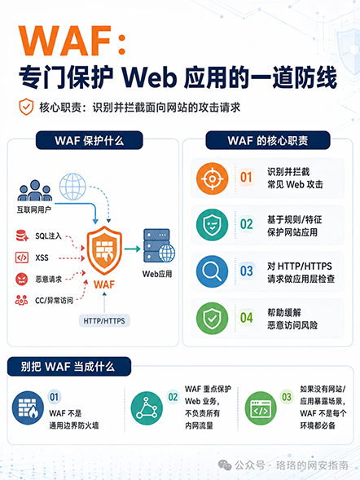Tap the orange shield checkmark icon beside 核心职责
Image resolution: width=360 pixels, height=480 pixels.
click(x=26, y=107)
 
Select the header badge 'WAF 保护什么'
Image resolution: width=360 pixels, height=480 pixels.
click(x=90, y=140)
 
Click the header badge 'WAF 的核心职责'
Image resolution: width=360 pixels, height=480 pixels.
click(x=268, y=140)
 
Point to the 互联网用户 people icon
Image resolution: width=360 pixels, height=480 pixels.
click(x=34, y=191)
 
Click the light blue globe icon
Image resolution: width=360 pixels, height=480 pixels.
click(x=72, y=187)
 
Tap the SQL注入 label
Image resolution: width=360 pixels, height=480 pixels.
click(x=48, y=236)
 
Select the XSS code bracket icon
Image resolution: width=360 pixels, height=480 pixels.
click(x=22, y=258)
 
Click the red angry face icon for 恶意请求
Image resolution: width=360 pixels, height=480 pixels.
click(x=21, y=279)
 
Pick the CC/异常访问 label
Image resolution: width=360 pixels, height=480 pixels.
click(x=54, y=301)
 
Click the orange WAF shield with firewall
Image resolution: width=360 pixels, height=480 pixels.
click(x=104, y=250)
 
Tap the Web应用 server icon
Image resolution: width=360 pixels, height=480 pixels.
click(x=159, y=245)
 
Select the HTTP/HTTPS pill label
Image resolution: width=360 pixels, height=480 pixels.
click(x=104, y=321)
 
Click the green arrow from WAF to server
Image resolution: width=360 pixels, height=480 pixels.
click(x=132, y=249)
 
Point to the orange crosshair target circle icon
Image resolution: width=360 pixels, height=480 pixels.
click(x=212, y=178)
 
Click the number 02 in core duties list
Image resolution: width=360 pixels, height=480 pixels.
click(x=247, y=224)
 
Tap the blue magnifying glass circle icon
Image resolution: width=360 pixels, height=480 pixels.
click(x=212, y=271)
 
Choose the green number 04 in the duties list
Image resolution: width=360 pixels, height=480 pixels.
click(x=247, y=318)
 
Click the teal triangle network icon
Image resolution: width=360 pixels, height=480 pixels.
click(x=147, y=408)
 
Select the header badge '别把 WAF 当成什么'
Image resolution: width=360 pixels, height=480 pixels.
click(x=69, y=367)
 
